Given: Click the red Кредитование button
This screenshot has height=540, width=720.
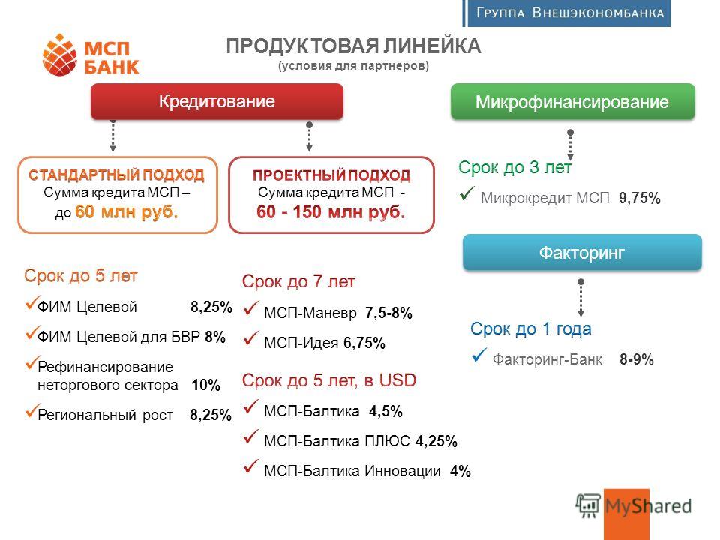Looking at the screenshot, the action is click(x=217, y=101).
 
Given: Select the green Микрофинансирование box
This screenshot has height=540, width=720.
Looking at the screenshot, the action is click(x=572, y=101).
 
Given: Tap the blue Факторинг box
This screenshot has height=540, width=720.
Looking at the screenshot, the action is click(x=582, y=252).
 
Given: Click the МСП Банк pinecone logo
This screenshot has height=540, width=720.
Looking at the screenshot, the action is click(x=59, y=55).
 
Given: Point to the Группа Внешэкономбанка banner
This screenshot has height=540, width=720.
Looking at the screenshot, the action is click(x=567, y=13).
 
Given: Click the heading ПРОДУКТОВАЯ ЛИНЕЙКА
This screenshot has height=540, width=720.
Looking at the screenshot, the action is click(x=353, y=46).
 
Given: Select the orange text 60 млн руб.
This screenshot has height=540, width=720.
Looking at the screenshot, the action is click(x=126, y=211).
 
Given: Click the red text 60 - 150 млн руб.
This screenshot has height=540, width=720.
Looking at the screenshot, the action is click(x=331, y=211).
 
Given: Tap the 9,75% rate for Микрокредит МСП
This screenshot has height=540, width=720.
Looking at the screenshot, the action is click(x=640, y=198).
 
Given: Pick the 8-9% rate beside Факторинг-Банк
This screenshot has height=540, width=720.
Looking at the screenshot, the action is click(x=637, y=359).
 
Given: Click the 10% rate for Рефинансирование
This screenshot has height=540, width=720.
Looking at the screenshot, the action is click(x=205, y=385).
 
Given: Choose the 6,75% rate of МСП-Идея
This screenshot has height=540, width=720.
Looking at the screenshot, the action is click(x=364, y=343).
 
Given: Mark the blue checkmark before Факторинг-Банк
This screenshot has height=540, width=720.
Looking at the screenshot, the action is click(x=479, y=355).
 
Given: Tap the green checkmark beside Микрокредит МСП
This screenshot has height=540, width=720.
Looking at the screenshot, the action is click(x=466, y=193).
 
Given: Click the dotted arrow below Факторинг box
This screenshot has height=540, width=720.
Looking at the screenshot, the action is click(x=580, y=298).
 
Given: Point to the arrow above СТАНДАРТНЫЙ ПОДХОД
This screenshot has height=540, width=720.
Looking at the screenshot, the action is click(x=113, y=136).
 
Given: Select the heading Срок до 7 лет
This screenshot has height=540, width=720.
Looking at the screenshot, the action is click(x=298, y=281).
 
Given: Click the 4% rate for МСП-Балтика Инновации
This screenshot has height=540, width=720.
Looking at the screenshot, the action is click(x=460, y=471).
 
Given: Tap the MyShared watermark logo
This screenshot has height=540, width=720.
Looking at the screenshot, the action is click(x=634, y=507).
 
